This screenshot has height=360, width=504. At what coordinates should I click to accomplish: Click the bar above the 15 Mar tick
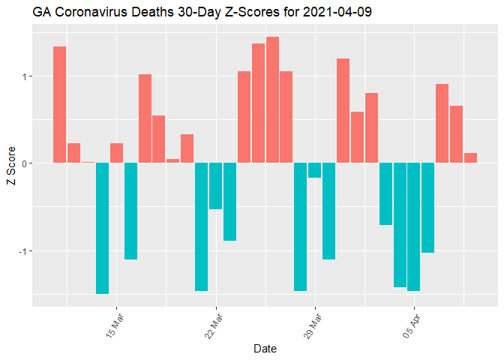(x=116, y=153)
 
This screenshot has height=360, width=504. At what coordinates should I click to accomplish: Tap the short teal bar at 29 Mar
(x=315, y=170)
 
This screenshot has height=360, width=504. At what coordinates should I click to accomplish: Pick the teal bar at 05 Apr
(x=414, y=226)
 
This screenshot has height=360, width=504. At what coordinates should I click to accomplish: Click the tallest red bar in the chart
(x=272, y=100)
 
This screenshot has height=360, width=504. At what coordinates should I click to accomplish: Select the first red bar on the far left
(x=60, y=105)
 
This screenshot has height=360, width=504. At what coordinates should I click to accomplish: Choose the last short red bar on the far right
(x=471, y=158)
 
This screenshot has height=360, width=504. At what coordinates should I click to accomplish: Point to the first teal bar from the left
(x=102, y=228)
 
